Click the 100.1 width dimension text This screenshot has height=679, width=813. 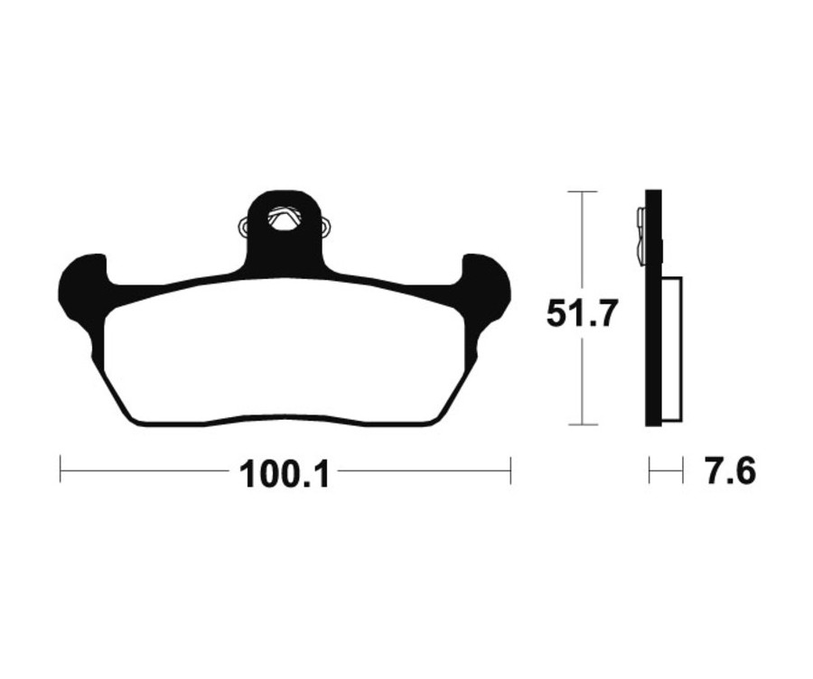(285, 473)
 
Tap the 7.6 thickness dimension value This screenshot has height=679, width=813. (730, 471)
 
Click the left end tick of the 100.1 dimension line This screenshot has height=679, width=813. (61, 470)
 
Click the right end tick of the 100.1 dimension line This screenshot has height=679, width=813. (510, 470)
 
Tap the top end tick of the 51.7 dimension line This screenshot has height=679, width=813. (582, 192)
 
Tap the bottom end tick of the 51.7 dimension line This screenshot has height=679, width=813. (582, 424)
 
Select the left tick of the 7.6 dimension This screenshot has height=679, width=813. (649, 470)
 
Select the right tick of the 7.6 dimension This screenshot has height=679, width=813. (682, 470)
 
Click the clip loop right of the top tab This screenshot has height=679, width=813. (323, 227)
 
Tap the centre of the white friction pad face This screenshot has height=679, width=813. (285, 352)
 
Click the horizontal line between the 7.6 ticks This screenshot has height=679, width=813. (666, 470)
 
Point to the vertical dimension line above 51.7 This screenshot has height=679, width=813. (582, 244)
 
